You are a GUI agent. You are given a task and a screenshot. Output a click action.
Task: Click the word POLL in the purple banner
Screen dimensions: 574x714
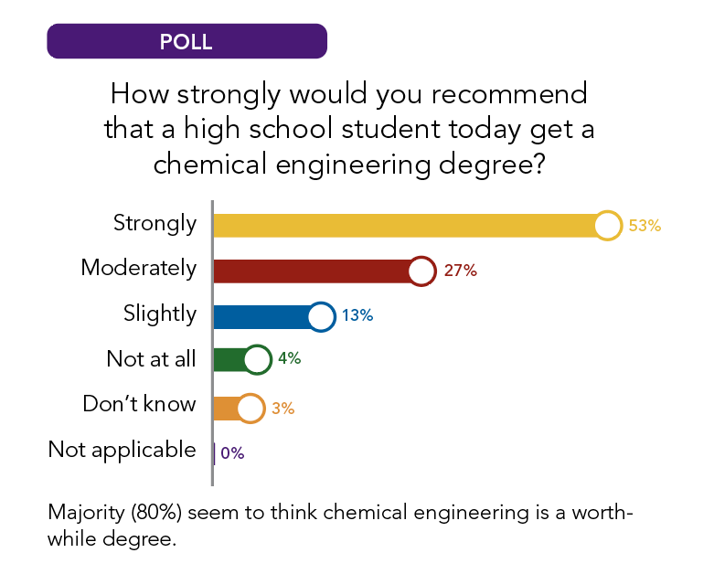(186, 42)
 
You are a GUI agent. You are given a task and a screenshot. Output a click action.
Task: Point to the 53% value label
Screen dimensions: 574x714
(644, 225)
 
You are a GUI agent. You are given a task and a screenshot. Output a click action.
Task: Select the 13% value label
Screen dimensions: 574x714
(357, 315)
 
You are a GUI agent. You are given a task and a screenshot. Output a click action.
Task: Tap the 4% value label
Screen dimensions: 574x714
(290, 359)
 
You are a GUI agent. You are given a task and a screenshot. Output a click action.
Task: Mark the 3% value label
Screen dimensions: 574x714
(282, 409)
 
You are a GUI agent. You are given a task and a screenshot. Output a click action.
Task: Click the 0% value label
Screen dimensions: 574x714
(232, 452)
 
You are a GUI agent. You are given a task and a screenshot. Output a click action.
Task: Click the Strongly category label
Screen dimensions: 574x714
(155, 223)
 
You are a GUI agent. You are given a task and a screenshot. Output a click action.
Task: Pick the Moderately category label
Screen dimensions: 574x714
(138, 268)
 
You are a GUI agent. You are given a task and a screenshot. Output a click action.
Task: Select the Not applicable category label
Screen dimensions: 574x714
(122, 450)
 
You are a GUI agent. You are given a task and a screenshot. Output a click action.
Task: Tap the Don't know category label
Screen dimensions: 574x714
(139, 404)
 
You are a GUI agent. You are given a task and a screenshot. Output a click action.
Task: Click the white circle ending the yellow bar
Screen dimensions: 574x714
(607, 225)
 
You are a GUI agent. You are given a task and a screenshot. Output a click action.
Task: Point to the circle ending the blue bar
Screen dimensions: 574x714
(321, 316)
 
